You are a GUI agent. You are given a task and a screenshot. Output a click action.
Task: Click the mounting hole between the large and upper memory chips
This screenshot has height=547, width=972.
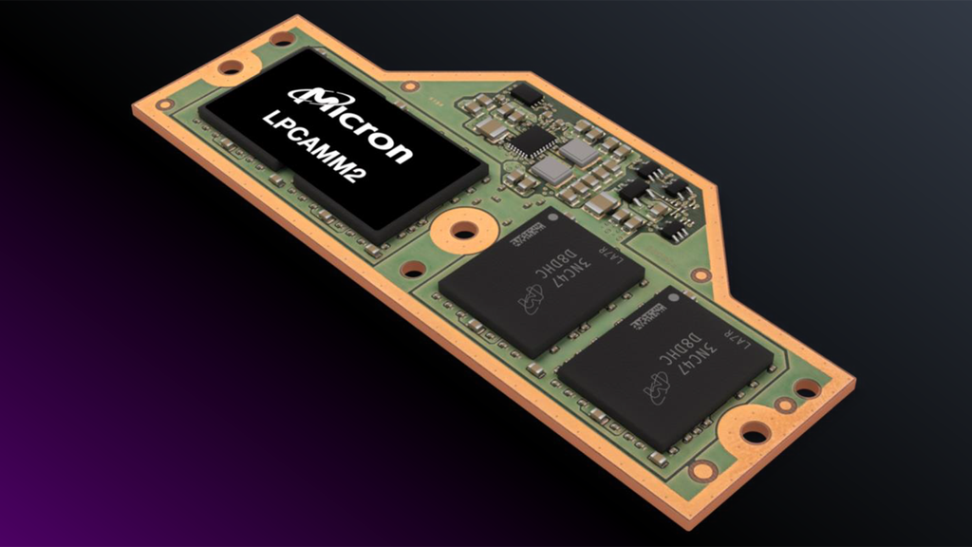coord(462,231)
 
